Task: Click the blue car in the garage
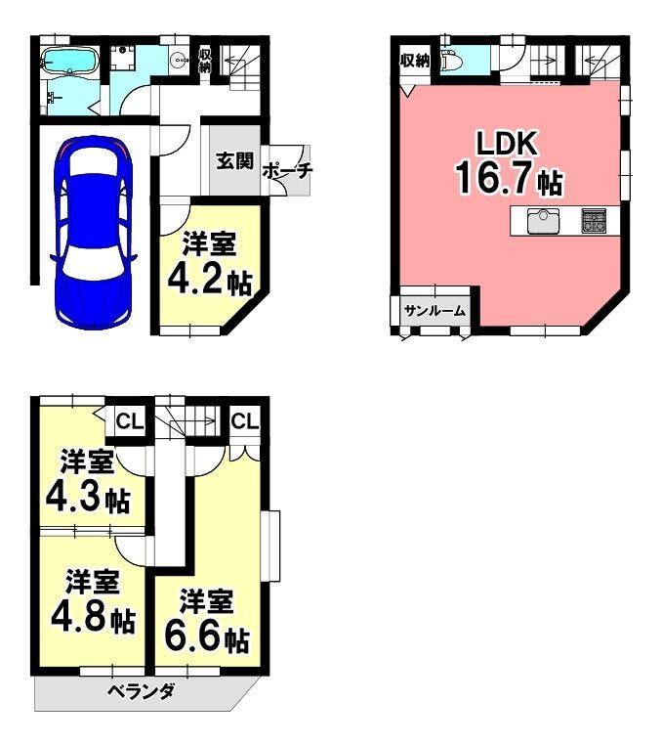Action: (x=93, y=232)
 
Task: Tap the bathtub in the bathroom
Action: (x=70, y=61)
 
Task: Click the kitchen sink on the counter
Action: (x=543, y=221)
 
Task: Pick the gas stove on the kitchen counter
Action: (x=594, y=221)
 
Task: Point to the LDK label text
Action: (x=507, y=143)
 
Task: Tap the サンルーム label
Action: (x=434, y=311)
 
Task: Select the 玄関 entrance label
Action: (x=234, y=160)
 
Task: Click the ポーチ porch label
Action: (x=287, y=171)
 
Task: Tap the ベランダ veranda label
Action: (x=142, y=691)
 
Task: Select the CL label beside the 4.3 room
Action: (x=130, y=421)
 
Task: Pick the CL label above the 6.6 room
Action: (x=245, y=420)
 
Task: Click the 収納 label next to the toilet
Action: (x=415, y=61)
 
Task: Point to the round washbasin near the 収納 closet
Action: (x=179, y=60)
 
